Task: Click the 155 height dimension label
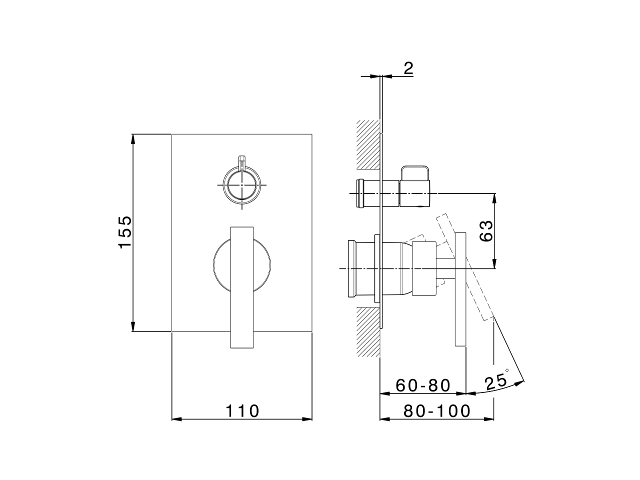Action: coord(124,231)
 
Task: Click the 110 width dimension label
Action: coord(242,411)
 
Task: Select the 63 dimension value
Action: coord(486,231)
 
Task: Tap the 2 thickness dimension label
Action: coord(408,68)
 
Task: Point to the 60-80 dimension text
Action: coord(423,385)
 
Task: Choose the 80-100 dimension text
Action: coord(437,411)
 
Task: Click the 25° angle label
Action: coord(497,383)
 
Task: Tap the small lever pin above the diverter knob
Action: coord(242,162)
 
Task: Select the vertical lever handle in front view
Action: coord(242,287)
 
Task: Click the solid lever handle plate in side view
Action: coord(460,289)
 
